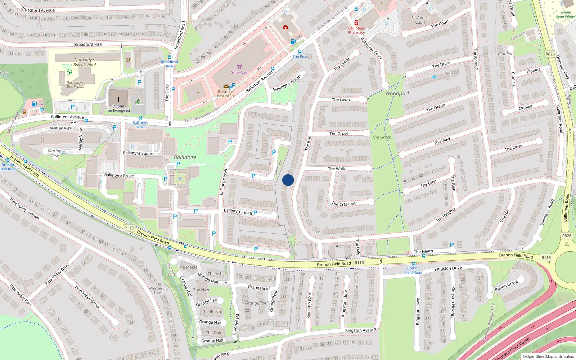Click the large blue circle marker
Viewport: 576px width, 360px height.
[x=288, y=180]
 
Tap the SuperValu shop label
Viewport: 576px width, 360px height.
[x=239, y=72]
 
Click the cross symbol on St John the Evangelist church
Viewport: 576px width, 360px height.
[x=118, y=100]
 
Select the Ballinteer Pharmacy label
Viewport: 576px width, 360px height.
[x=356, y=30]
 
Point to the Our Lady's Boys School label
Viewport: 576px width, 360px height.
[x=85, y=62]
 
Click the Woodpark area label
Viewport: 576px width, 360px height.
[x=397, y=94]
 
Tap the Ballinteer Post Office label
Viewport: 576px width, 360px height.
[x=226, y=94]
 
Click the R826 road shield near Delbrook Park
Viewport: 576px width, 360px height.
[x=550, y=54]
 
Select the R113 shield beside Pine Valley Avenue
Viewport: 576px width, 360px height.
[x=129, y=228]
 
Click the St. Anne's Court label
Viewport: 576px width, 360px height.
[x=420, y=20]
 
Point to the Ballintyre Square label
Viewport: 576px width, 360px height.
[x=139, y=153]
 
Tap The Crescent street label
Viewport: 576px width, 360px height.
[x=344, y=204]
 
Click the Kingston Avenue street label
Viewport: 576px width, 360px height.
[x=361, y=330]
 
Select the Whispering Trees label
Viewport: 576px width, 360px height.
[x=158, y=291]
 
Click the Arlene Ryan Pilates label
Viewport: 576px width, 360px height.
[x=565, y=14]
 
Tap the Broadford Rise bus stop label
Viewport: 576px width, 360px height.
[x=169, y=64]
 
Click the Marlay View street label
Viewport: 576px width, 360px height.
[x=61, y=128]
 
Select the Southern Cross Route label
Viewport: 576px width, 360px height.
[x=513, y=349]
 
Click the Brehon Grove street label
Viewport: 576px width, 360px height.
[x=505, y=285]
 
